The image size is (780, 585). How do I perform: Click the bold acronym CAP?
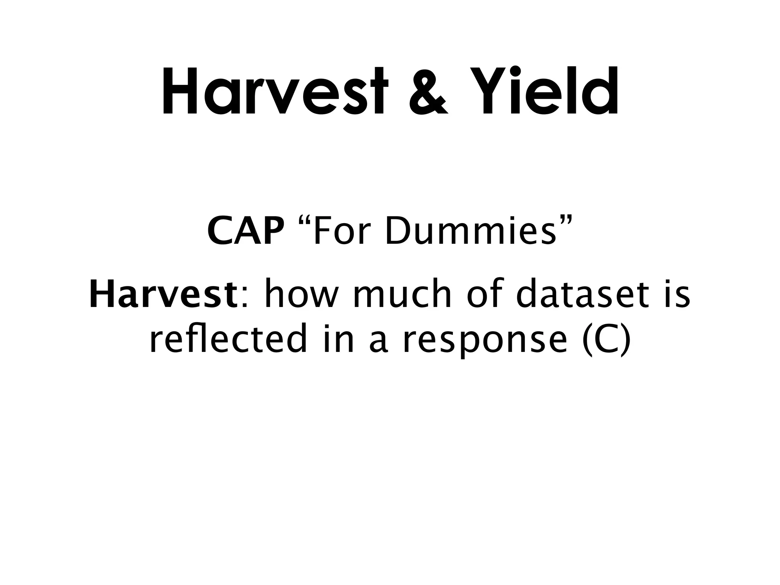(x=246, y=232)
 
